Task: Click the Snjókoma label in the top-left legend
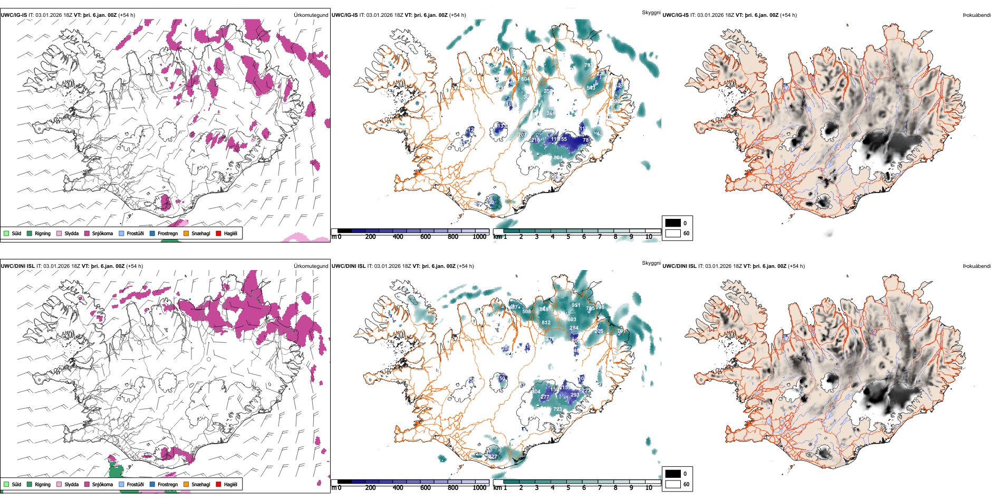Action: coord(102,234)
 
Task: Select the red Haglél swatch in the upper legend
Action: coord(218,234)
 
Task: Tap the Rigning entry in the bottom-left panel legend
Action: coord(43,485)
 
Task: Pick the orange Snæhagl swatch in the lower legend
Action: coord(186,485)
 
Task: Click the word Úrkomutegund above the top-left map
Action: coord(311,15)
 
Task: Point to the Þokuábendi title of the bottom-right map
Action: coord(977,266)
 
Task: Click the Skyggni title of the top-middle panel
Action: coord(651,12)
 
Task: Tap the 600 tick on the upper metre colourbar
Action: coord(426,237)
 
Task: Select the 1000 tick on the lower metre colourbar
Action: coord(479,488)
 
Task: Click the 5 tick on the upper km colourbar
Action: coord(569,237)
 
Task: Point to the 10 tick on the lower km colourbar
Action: coord(649,488)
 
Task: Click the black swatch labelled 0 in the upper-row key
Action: coord(673,223)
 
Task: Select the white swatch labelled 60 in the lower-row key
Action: coord(673,484)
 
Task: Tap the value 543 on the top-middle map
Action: coord(591,88)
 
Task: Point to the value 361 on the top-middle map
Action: coord(551,113)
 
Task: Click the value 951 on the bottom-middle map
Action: coord(576,305)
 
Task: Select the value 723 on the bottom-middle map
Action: coord(557,409)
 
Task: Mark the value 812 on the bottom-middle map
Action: coord(546,323)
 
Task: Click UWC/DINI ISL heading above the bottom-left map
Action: coord(17,266)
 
